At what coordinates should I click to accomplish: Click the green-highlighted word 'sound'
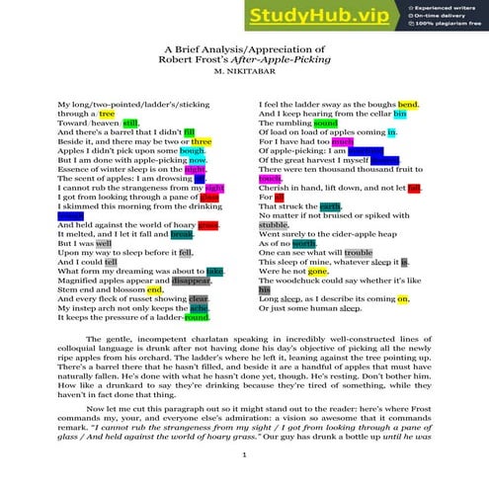pos(353,123)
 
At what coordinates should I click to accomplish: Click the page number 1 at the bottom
pos(244,454)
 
